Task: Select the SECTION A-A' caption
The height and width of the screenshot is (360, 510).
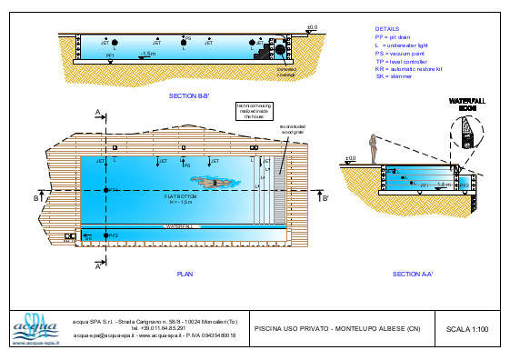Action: pos(412,273)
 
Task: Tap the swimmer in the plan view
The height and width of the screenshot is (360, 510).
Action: pos(212,184)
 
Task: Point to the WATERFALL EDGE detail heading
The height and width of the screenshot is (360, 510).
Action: pos(467,104)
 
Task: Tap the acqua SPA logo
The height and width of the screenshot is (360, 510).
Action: pos(34,327)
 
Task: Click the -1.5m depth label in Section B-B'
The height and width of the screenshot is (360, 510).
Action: pos(149,55)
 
